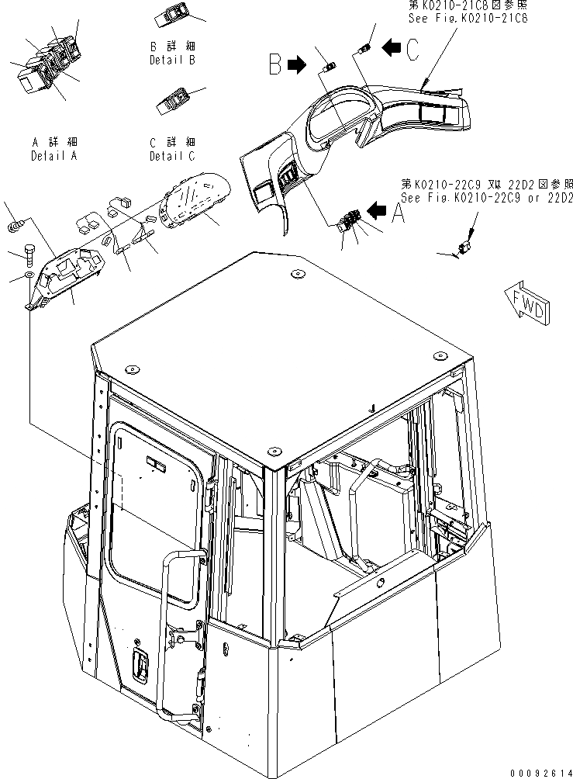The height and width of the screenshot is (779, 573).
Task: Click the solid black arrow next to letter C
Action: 392,50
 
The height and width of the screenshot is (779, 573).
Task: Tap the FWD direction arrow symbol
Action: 526,303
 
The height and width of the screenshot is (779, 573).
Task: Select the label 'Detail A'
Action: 55,156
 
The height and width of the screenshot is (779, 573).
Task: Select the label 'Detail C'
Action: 172,156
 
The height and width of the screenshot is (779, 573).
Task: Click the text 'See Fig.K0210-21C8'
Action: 470,19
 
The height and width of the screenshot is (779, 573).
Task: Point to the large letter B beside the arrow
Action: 274,64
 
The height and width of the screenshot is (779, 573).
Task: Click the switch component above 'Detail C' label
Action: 172,105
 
